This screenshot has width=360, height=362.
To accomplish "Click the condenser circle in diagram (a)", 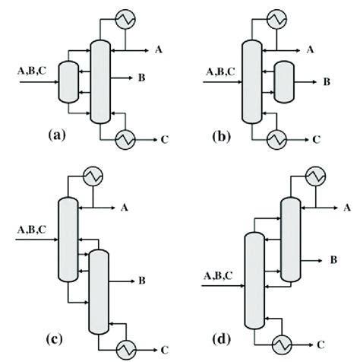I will [x=125, y=21].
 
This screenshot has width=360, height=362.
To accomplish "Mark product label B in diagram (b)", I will [x=326, y=81].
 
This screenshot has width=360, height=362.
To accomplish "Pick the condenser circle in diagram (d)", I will [x=317, y=177].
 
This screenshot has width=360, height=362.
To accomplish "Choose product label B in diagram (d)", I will [x=333, y=259].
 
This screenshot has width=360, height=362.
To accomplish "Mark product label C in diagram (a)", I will [x=163, y=138].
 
